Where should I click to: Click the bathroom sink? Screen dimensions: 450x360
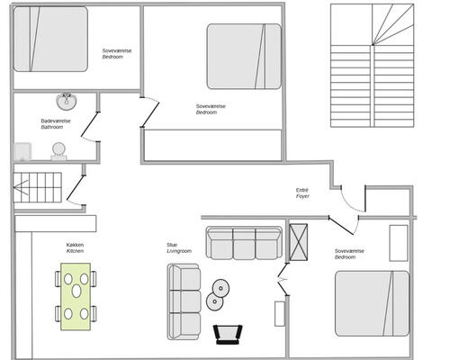click(x=67, y=102)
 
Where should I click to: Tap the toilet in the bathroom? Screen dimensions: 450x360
click(x=58, y=152)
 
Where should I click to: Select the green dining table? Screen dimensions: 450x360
click(x=76, y=297)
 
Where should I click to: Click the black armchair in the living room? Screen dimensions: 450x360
click(x=228, y=334)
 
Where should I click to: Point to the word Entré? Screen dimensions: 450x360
click(x=302, y=190)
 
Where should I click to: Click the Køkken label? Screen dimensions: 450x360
click(x=75, y=245)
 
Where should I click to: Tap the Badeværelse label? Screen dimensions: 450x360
click(x=56, y=121)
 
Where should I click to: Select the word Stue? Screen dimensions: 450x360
click(x=172, y=245)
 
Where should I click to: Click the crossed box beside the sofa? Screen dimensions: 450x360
click(x=298, y=242)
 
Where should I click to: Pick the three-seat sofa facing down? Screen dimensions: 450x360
click(x=244, y=243)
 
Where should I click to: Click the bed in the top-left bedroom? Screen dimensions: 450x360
click(x=51, y=40)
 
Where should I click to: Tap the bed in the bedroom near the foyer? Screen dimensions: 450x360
click(x=372, y=303)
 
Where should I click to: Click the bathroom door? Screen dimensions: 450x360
click(x=89, y=124)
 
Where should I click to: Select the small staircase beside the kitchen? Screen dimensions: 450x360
click(x=37, y=187)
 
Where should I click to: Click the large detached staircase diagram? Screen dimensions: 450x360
click(x=372, y=66)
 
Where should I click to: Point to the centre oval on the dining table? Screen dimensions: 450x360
click(x=76, y=291)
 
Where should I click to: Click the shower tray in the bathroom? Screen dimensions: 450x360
click(x=22, y=151)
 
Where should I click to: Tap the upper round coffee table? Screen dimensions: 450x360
click(x=220, y=288)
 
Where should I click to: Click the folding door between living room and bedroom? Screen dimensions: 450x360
click(x=283, y=279)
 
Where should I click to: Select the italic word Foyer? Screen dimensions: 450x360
click(x=302, y=196)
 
